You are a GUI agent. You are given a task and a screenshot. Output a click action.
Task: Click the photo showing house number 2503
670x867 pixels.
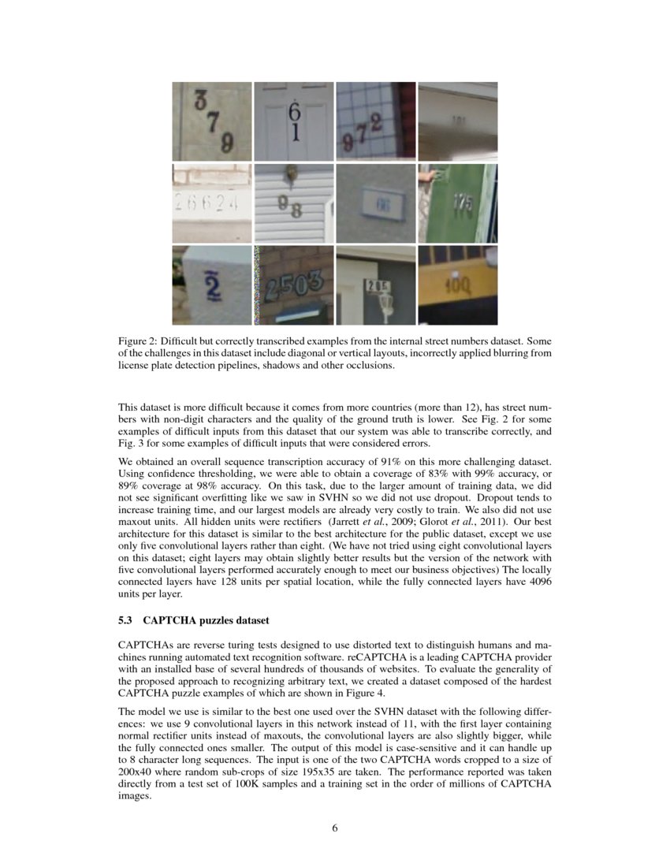tap(294, 285)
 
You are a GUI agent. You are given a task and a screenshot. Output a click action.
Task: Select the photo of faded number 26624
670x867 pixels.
tap(212, 203)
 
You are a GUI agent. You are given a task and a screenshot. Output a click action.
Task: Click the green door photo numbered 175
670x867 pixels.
tap(458, 203)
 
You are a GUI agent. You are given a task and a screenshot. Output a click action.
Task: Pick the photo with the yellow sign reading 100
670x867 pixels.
tap(458, 285)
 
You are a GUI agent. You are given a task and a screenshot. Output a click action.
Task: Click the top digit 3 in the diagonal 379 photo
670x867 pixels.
tap(201, 101)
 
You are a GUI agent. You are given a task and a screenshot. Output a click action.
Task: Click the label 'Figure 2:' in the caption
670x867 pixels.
tap(140, 340)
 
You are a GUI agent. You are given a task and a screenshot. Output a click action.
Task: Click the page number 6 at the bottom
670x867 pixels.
tap(335, 828)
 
